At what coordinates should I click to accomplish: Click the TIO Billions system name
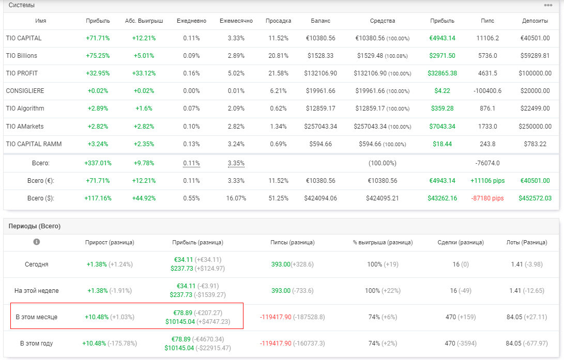point(22,56)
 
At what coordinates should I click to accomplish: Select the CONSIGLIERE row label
point(25,91)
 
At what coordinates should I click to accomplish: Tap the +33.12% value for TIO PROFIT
point(144,73)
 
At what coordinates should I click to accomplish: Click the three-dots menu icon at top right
point(548,5)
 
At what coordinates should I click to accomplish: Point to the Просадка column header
point(279,21)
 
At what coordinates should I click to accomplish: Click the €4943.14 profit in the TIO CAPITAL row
point(442,38)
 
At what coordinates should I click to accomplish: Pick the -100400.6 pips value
point(487,91)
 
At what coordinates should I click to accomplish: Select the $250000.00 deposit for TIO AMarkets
point(535,127)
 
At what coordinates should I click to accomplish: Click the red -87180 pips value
point(487,198)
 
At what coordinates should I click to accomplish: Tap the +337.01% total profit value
point(98,163)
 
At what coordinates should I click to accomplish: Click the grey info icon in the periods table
point(36,242)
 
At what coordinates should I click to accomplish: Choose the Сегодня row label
point(36,264)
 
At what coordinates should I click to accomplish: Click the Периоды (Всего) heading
point(35,226)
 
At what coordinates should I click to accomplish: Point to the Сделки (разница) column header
point(461,243)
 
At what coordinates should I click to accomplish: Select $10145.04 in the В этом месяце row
point(180,322)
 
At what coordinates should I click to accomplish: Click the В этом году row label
point(36,343)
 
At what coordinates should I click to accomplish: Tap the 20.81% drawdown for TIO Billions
point(279,56)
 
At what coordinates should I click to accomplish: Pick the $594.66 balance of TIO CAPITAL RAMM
point(321,144)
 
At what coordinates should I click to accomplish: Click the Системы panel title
point(22,5)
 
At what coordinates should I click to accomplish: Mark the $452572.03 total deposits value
point(535,198)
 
